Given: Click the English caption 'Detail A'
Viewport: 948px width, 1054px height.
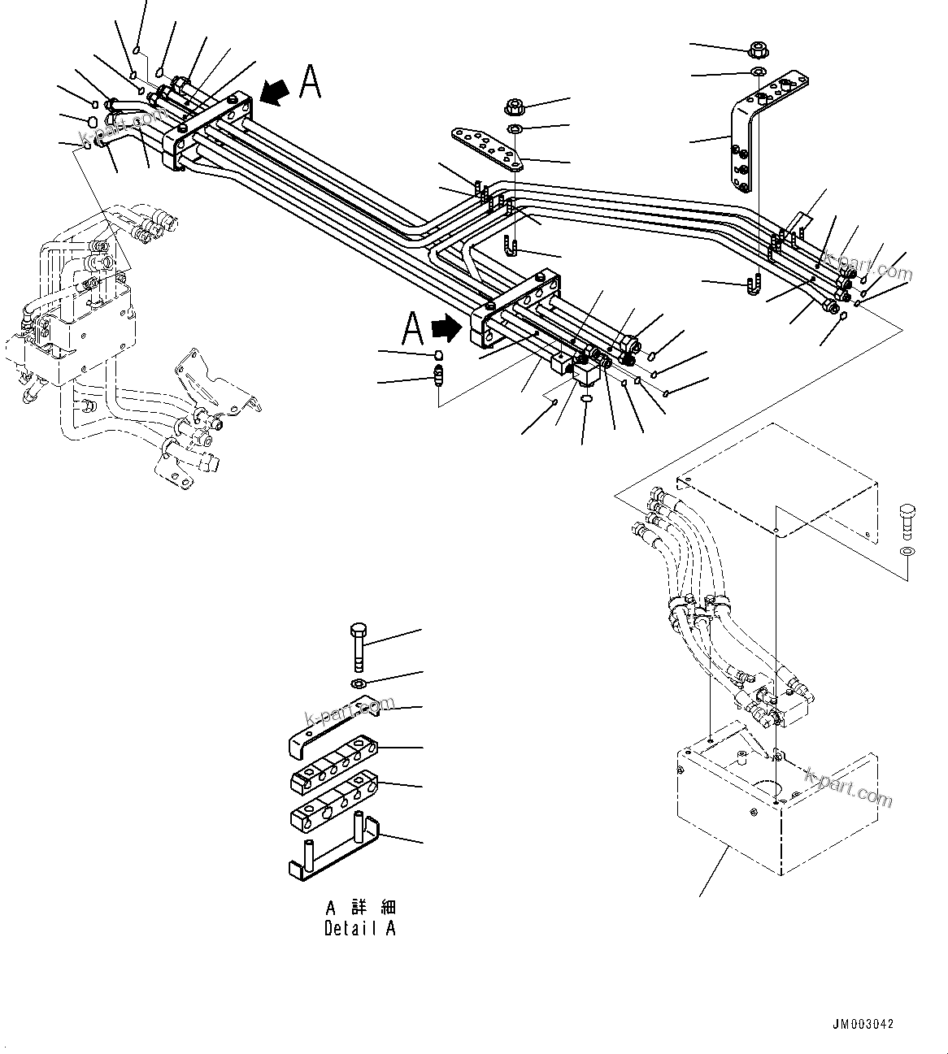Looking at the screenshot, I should [359, 928].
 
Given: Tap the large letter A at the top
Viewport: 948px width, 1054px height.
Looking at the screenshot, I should [310, 82].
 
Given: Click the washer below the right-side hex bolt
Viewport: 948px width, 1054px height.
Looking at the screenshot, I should [907, 553].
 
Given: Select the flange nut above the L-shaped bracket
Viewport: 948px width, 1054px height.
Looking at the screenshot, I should [757, 49].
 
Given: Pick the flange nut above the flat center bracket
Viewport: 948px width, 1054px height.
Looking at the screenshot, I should [515, 106].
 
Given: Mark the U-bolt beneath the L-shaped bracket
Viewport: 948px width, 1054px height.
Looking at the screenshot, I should [751, 287].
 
